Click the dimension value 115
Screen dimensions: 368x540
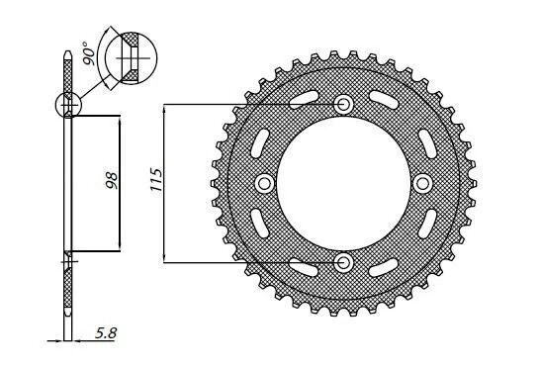[155, 183]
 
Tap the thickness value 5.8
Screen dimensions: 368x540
[104, 337]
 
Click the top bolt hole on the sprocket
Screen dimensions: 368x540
[344, 104]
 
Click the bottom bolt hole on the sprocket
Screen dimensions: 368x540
[344, 261]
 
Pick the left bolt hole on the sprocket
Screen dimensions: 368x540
[265, 183]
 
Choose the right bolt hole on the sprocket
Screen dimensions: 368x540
[423, 183]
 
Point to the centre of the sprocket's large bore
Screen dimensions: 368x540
[344, 183]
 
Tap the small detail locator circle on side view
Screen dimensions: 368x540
[68, 104]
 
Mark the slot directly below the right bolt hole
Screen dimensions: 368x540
[427, 225]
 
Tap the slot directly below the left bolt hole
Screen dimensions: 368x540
[260, 225]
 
